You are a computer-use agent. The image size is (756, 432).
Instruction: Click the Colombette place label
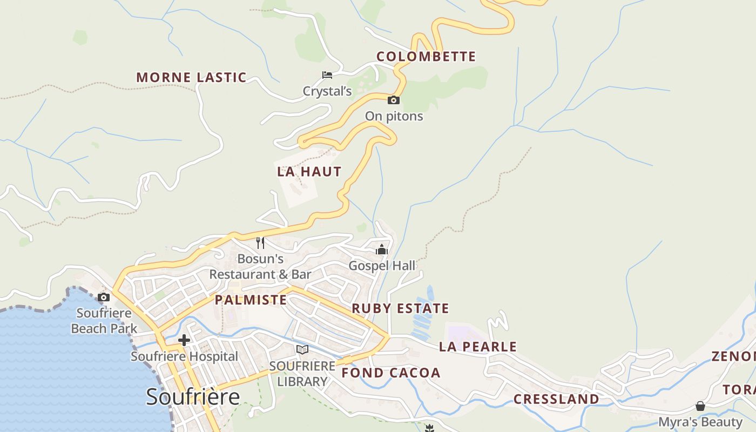pyautogui.click(x=426, y=56)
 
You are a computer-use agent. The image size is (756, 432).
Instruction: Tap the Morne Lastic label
pyautogui.click(x=191, y=77)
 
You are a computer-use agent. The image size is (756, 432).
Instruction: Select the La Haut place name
pyautogui.click(x=309, y=172)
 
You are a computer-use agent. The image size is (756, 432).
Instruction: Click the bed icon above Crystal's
pyautogui.click(x=327, y=75)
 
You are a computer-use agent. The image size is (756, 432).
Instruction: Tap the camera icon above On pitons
pyautogui.click(x=394, y=100)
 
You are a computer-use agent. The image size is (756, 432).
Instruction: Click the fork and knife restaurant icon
pyautogui.click(x=260, y=242)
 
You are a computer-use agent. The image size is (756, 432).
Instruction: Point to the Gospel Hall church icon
pyautogui.click(x=382, y=249)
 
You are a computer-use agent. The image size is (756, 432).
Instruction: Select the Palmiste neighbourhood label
pyautogui.click(x=251, y=300)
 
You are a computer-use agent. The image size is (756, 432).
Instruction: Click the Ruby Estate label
pyautogui.click(x=400, y=308)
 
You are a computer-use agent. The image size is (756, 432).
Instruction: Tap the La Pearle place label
pyautogui.click(x=478, y=347)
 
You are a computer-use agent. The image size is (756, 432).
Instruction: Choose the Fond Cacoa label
pyautogui.click(x=391, y=373)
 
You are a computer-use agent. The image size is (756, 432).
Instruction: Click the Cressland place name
pyautogui.click(x=556, y=399)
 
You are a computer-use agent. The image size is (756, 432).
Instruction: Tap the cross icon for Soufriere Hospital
pyautogui.click(x=184, y=340)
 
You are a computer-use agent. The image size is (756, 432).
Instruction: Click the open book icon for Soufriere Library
pyautogui.click(x=302, y=350)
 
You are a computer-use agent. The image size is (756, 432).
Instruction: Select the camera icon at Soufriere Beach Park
pyautogui.click(x=104, y=297)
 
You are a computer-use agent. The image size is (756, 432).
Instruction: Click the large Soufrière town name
pyautogui.click(x=193, y=397)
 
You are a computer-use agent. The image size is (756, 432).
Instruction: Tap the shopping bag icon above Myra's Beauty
pyautogui.click(x=700, y=406)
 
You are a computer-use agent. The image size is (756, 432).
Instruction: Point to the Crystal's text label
pyautogui.click(x=327, y=91)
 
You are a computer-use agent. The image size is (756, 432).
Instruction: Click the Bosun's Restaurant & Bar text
pyautogui.click(x=260, y=267)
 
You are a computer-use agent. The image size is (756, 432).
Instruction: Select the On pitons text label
pyautogui.click(x=394, y=116)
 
